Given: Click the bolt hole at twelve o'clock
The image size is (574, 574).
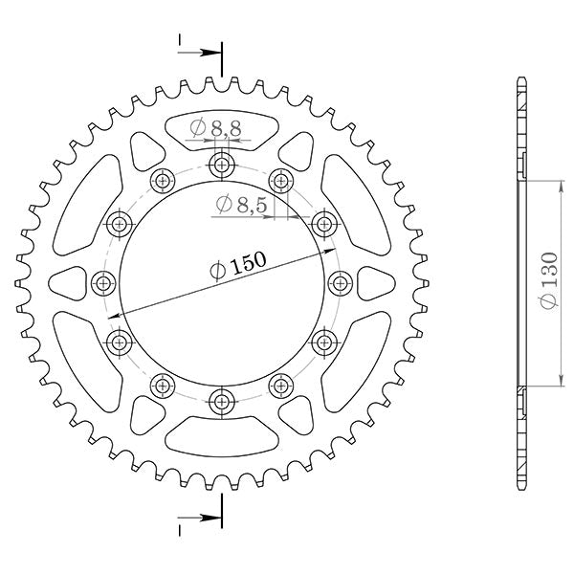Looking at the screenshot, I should click(223, 166).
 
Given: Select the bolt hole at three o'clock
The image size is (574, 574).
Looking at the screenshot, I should click(341, 282).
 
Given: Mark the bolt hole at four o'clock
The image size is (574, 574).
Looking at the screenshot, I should click(325, 342).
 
